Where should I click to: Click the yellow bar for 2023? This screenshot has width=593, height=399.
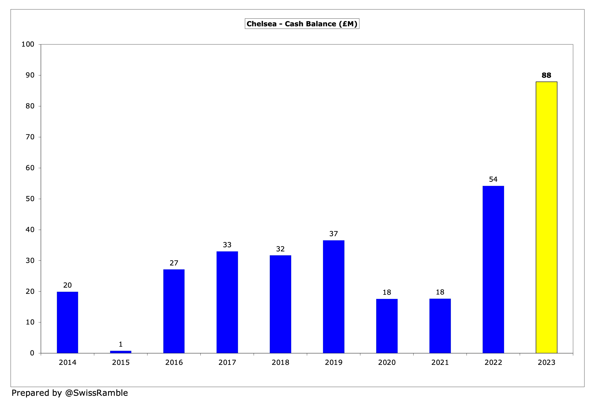[x=546, y=217]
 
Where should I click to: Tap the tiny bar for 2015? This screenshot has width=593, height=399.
[x=121, y=352]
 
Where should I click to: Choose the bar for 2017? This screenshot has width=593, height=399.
[x=227, y=302]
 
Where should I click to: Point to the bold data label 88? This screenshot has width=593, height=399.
[x=546, y=75]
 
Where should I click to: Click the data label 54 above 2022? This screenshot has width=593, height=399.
[x=493, y=179]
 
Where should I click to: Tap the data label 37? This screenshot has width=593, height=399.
[x=334, y=234]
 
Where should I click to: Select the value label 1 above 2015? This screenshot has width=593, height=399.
[x=121, y=344]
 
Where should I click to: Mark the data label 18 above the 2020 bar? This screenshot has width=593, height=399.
[x=387, y=292]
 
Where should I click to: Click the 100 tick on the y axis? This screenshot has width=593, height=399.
[x=28, y=44]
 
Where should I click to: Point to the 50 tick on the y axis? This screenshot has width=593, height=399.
[x=30, y=199]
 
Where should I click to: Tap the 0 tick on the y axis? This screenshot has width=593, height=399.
[x=32, y=353]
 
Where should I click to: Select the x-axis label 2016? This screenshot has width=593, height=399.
[x=174, y=362]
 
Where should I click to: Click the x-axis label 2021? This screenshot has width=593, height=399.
[x=440, y=362]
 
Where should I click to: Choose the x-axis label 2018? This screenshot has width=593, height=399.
[x=280, y=362]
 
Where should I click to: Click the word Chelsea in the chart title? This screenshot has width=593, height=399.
[x=261, y=24]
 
